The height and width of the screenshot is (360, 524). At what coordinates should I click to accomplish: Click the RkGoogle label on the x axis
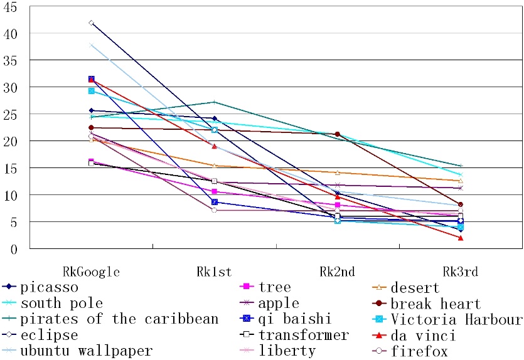(91, 272)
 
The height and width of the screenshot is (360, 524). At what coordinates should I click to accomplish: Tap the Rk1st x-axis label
(214, 272)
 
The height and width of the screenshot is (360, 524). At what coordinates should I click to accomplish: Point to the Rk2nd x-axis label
(337, 272)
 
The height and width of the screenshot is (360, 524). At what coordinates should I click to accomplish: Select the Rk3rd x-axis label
(460, 272)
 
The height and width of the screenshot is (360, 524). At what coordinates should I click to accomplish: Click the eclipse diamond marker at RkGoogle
(91, 23)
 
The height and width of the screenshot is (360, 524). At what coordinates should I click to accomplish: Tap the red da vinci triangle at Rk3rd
(461, 238)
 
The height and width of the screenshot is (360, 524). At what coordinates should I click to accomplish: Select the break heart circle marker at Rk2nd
(338, 134)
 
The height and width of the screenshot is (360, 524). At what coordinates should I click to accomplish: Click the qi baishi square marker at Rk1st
(214, 202)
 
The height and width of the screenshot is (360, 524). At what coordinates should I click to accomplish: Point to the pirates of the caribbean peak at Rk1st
(214, 102)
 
